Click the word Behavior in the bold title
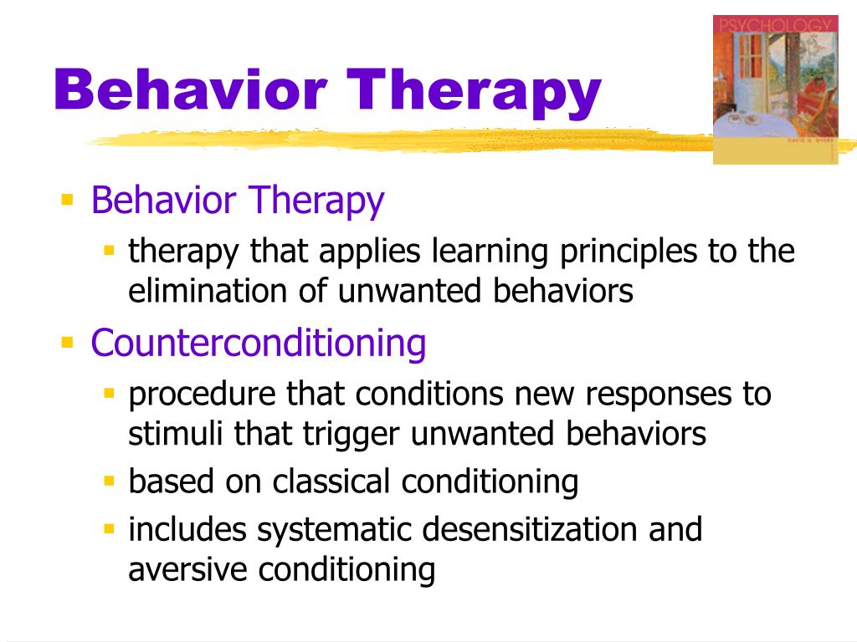tap(190, 89)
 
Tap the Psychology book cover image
tap(776, 89)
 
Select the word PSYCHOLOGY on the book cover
tap(776, 25)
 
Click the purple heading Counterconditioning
tap(258, 344)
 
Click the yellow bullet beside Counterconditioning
tap(67, 343)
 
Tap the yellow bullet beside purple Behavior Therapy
tap(67, 199)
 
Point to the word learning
tap(490, 252)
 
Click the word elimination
tap(208, 290)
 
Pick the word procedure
tap(202, 395)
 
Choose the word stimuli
tap(176, 434)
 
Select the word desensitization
tap(530, 529)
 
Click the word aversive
tap(187, 569)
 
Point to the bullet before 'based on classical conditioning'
tap(110, 481)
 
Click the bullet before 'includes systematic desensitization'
tap(110, 528)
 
